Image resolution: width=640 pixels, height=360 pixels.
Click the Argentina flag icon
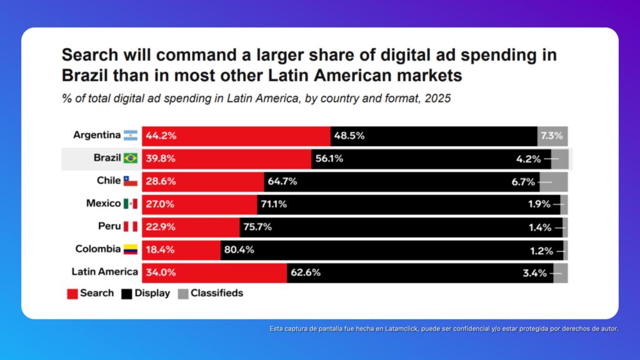click(130, 135)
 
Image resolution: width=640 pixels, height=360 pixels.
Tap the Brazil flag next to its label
click(130, 158)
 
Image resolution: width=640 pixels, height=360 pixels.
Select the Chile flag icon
click(130, 181)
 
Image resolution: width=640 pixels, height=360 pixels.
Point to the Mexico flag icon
click(130, 204)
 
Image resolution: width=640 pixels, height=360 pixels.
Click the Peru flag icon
click(130, 226)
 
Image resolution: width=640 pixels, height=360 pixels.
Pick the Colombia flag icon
click(130, 249)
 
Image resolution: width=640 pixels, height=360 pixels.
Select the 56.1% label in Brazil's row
click(329, 159)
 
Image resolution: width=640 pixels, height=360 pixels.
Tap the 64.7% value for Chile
click(282, 182)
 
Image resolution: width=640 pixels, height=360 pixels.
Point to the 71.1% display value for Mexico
click(275, 204)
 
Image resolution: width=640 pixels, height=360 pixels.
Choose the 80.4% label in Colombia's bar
click(239, 250)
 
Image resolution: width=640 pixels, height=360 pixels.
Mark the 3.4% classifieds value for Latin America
click(534, 272)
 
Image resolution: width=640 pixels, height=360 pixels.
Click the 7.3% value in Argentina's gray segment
click(552, 136)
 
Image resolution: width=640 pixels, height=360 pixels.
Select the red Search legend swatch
click(72, 294)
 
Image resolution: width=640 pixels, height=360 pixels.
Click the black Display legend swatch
click(126, 294)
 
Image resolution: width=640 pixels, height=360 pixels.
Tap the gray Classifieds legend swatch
click(182, 294)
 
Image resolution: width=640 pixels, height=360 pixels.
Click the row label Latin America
click(104, 272)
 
